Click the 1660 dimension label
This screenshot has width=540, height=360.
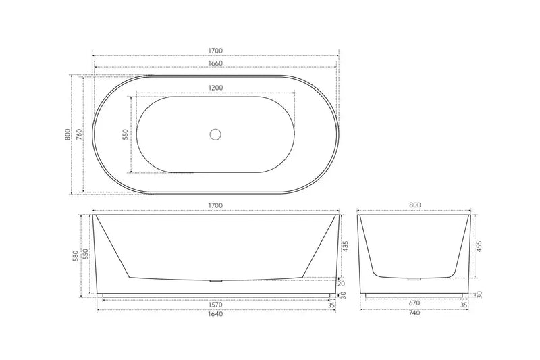[215, 63]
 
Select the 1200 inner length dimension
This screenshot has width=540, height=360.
[215, 88]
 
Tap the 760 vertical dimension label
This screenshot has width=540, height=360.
[79, 134]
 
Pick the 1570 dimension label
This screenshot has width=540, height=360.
[215, 304]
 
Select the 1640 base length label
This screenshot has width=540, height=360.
[215, 314]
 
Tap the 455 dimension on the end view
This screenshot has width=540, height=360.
[480, 247]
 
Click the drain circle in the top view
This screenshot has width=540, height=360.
[215, 134]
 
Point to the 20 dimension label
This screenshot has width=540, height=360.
[342, 283]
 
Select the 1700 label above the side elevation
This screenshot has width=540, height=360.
[215, 205]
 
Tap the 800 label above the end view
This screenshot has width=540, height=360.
[415, 205]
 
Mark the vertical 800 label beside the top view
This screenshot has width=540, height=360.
[67, 134]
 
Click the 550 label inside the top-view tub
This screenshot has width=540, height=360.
[125, 134]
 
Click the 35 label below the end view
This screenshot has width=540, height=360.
[464, 305]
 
